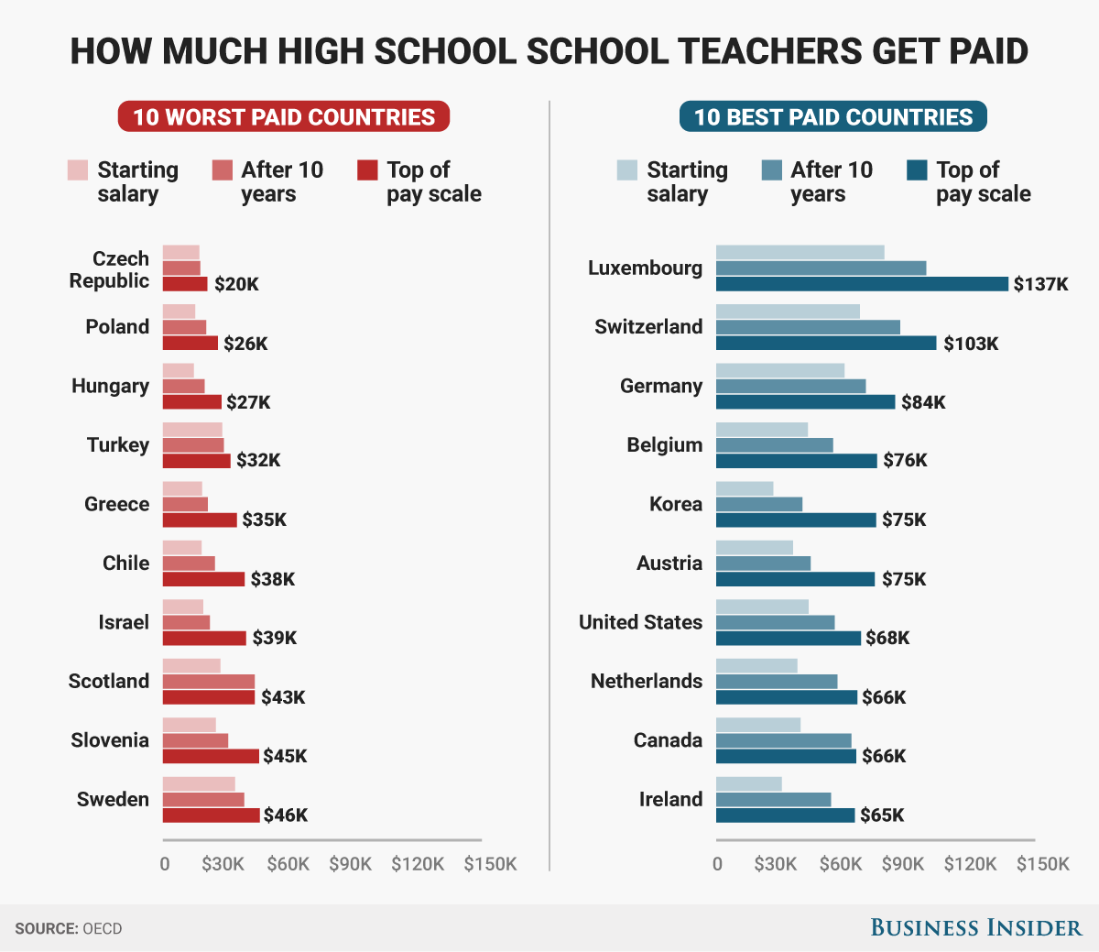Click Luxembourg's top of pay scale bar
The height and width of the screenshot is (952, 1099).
861,284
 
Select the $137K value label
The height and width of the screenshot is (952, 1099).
1040,284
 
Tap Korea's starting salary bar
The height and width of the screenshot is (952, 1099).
745,488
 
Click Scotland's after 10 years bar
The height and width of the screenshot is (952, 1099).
209,682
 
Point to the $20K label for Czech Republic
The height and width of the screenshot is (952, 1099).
236,284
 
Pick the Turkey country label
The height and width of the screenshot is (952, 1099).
118,445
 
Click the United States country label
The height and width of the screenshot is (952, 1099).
640,622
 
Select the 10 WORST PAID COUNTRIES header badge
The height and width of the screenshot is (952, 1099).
284,117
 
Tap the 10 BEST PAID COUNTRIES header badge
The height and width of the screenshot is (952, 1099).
832,117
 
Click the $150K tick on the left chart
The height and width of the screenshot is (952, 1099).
490,864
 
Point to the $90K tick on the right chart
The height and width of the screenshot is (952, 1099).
903,864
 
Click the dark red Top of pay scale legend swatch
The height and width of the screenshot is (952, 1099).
367,170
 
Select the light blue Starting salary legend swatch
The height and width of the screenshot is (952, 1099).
626,170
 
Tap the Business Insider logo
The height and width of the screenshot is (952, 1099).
975,928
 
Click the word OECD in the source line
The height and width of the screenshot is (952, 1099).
102,929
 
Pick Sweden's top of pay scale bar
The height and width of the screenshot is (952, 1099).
212,815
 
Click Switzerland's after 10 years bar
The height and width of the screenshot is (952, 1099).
808,327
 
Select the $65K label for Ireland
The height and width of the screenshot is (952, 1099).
882,815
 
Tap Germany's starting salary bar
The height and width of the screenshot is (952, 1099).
780,370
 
